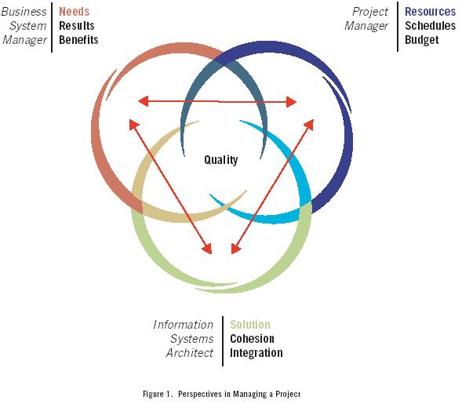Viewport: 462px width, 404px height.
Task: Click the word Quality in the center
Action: [221, 160]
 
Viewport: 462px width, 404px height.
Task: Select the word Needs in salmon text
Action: [75, 12]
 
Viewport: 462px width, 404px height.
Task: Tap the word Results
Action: [77, 26]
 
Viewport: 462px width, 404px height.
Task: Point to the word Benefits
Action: [78, 40]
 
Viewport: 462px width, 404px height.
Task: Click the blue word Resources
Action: [430, 12]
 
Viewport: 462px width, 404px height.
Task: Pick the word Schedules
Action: [430, 26]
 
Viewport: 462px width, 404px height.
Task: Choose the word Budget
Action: [422, 40]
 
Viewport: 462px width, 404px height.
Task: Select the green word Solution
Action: [250, 325]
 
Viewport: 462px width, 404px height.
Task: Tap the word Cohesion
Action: [253, 339]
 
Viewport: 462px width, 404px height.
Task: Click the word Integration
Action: [256, 353]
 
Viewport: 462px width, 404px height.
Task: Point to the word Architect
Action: [190, 353]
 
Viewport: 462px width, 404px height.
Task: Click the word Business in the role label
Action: [24, 12]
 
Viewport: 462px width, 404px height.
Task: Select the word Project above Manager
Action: [370, 12]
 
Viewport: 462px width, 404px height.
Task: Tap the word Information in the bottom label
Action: [183, 325]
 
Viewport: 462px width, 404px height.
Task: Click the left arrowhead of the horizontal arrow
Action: [144, 102]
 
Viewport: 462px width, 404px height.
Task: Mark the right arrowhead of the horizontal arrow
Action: [291, 102]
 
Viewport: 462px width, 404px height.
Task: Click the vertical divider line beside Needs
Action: [52, 27]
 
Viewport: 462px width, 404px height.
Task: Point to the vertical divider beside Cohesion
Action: [223, 341]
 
